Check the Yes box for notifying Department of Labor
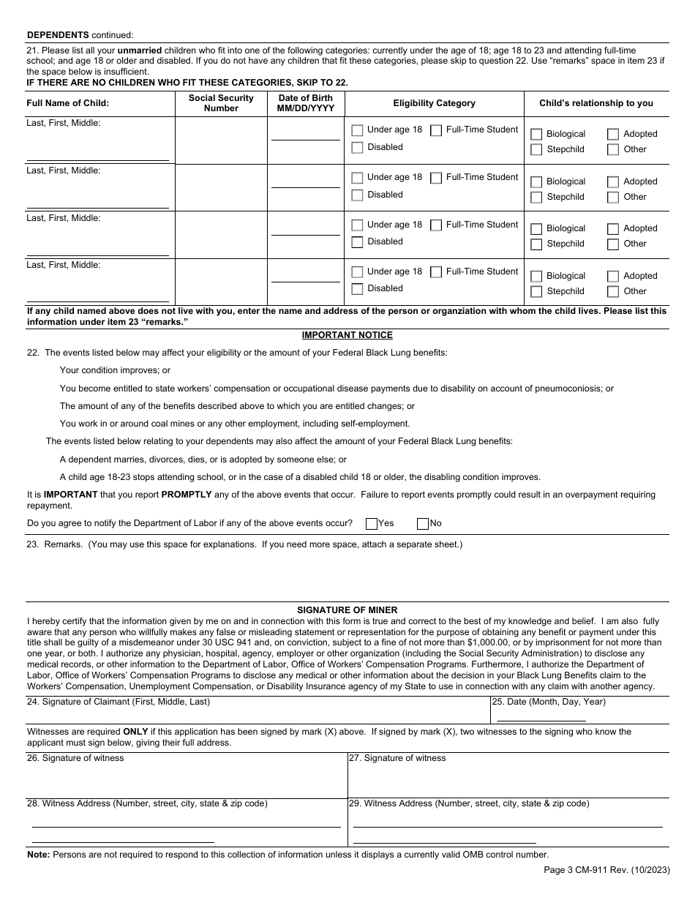(372, 523)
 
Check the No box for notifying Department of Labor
(423, 523)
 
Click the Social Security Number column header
(221, 103)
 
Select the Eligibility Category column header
(434, 103)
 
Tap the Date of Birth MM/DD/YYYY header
(305, 103)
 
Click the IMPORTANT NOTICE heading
(347, 335)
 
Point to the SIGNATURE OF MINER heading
(347, 610)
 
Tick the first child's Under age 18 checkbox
(357, 130)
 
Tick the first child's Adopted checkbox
(613, 135)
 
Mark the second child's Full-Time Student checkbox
(436, 178)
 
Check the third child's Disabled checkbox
(357, 242)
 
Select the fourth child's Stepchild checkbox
(536, 292)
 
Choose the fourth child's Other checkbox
(613, 292)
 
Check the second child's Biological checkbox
(536, 182)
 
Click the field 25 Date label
(549, 702)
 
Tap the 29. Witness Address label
(468, 803)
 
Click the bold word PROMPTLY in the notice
(187, 495)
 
